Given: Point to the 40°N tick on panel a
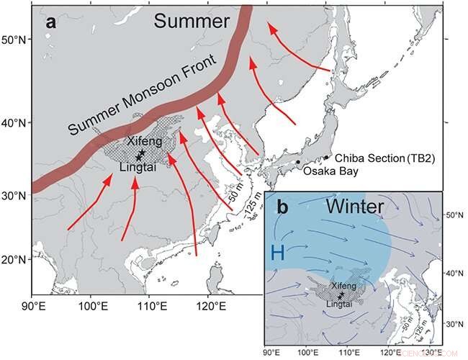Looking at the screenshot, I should coord(15,122).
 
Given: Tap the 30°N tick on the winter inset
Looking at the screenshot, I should coord(452,324).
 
